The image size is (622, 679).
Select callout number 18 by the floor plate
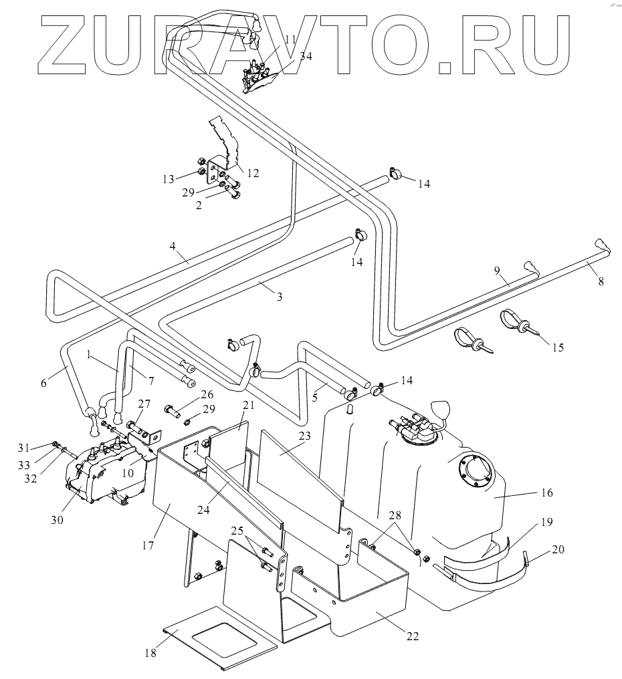tap(151, 653)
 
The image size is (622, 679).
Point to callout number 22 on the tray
tap(412, 636)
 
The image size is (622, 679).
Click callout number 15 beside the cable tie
tap(558, 347)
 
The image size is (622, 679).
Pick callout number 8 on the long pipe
tap(601, 281)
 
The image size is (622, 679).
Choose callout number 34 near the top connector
tap(306, 56)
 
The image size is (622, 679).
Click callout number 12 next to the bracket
tap(252, 172)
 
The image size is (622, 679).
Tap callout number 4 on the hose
tap(173, 247)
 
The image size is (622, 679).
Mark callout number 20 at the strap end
tap(558, 549)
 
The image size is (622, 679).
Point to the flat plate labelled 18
tap(221, 638)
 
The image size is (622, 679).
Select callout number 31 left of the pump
tap(43, 446)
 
